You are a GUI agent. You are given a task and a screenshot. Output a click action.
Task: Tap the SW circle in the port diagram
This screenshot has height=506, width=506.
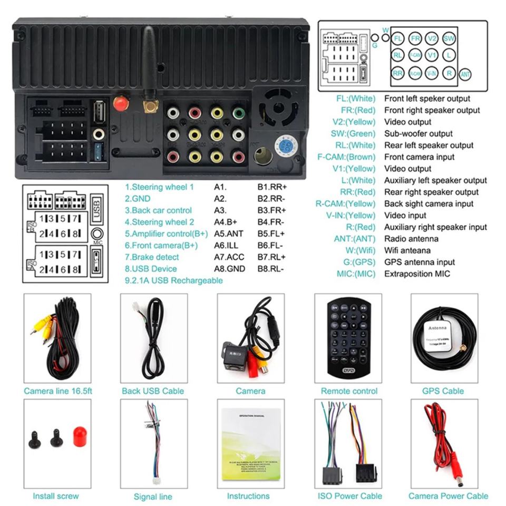449,38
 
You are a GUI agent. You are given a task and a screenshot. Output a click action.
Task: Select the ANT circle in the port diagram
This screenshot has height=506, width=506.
465,74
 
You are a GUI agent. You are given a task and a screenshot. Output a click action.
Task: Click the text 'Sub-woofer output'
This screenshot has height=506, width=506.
418,133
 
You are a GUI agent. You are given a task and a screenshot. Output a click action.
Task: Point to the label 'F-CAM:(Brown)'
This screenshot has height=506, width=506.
346,157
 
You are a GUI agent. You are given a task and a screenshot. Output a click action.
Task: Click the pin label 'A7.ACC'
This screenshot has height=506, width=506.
229,257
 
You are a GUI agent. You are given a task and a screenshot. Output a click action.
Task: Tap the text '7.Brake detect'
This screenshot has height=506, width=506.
152,257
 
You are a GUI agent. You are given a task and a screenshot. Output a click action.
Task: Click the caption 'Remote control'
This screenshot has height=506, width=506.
349,391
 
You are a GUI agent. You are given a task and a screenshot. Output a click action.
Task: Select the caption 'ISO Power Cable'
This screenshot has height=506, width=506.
349,496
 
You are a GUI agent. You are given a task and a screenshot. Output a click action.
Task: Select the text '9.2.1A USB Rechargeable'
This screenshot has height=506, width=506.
173,280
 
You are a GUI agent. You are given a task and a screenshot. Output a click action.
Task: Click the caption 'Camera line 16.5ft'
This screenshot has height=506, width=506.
58,391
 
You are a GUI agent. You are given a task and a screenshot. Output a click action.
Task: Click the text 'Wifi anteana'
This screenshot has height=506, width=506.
407,250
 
